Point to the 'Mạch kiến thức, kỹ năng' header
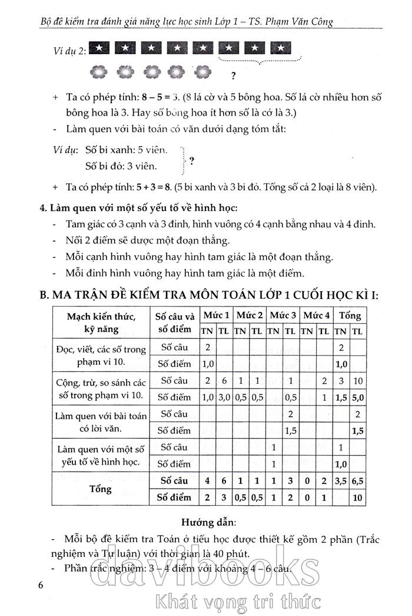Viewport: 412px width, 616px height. click(101, 323)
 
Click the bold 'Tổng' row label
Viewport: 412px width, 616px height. click(100, 489)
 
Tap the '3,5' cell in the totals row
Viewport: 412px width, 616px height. click(341, 481)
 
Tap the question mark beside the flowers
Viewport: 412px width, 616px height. click(234, 75)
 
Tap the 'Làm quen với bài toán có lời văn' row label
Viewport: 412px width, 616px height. click(100, 423)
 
